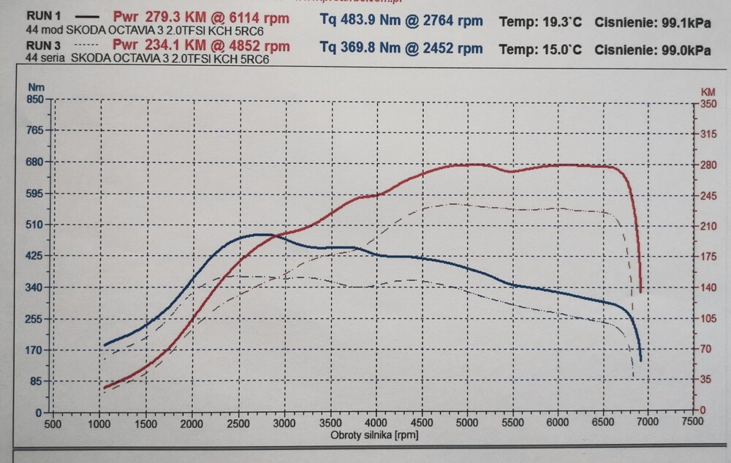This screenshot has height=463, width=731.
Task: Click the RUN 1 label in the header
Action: [x=39, y=15]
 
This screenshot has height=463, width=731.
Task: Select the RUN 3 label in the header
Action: [x=39, y=45]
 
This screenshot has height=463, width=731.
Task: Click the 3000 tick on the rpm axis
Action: [x=284, y=423]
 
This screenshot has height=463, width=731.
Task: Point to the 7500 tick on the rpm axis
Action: [x=692, y=421]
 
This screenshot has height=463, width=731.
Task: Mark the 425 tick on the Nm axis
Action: [x=34, y=256]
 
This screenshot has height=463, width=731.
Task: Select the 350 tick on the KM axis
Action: [x=708, y=104]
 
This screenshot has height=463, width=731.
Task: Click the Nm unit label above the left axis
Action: [x=31, y=86]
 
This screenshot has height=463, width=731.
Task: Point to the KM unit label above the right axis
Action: [x=708, y=92]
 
